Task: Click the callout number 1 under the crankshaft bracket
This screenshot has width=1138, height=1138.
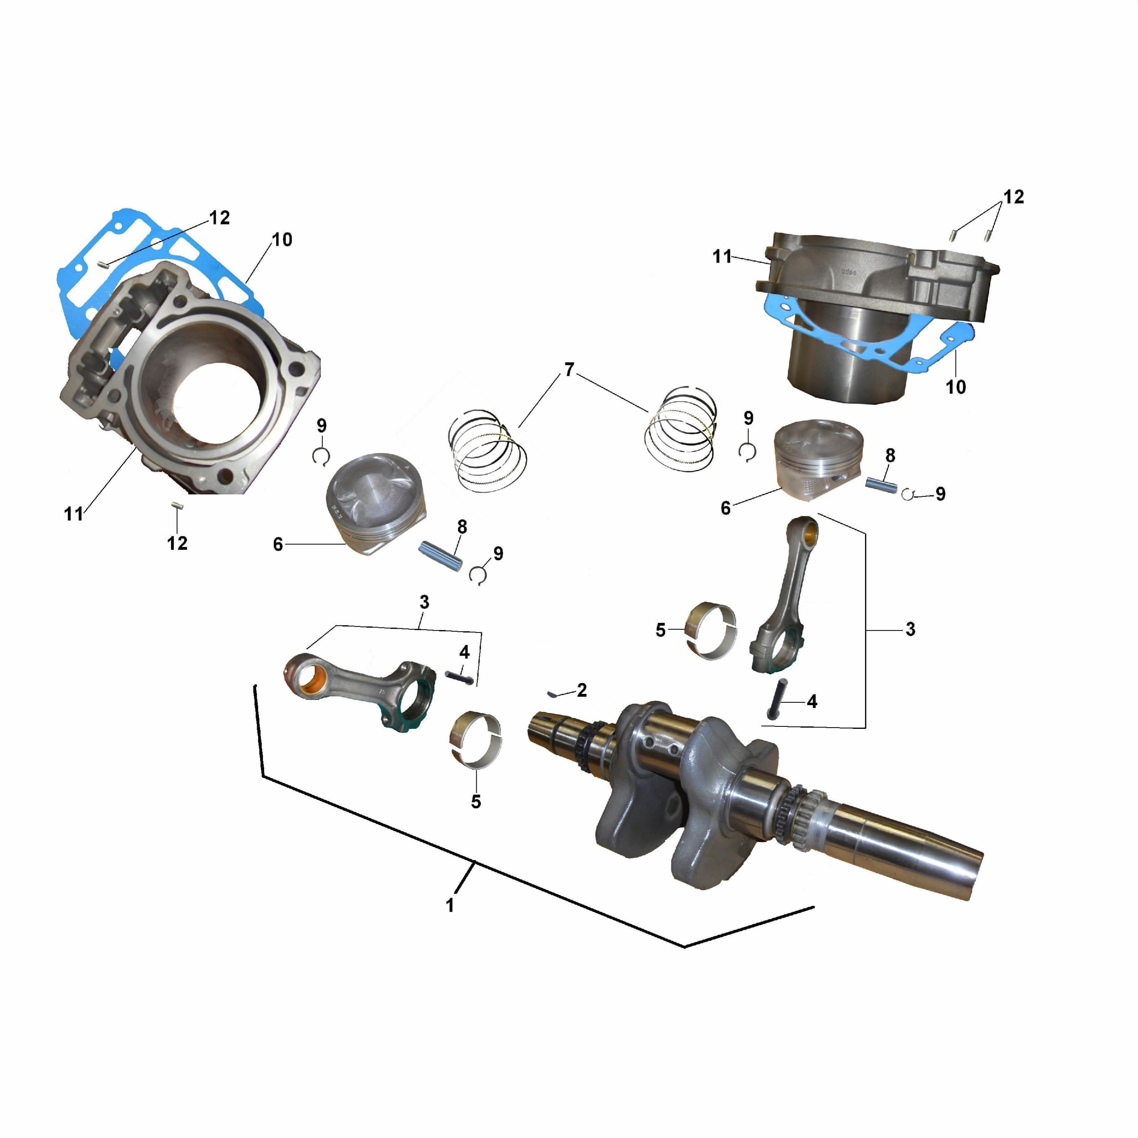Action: [450, 906]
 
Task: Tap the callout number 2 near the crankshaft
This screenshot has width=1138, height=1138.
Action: [582, 690]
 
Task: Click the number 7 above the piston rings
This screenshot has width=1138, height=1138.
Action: [569, 370]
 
